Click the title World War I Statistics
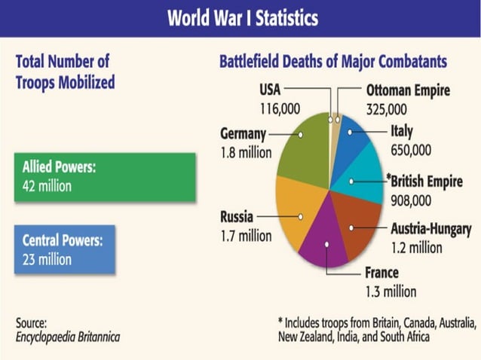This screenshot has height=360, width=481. (242, 17)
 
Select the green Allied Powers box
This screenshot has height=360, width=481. (104, 176)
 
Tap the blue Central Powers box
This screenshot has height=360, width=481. (64, 250)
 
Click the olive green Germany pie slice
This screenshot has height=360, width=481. (302, 151)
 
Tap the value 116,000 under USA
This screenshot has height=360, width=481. (279, 109)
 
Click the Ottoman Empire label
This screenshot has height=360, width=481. (408, 90)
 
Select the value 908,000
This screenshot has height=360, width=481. (411, 200)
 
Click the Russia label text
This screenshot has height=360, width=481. (237, 217)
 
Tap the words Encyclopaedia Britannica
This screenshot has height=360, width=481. (67, 336)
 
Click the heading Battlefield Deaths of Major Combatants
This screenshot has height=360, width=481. (332, 62)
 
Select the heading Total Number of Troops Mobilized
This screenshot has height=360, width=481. (65, 72)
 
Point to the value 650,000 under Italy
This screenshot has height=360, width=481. (412, 150)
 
